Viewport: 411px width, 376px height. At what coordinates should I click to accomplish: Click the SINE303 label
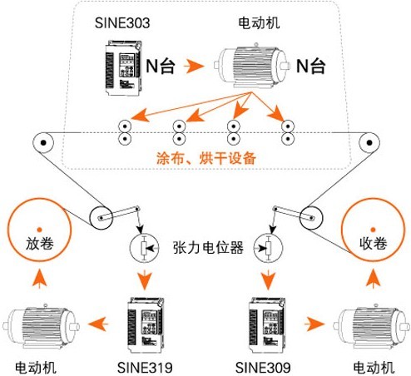(122, 22)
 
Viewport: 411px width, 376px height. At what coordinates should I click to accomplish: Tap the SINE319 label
(145, 368)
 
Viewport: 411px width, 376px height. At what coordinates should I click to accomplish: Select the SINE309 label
(263, 368)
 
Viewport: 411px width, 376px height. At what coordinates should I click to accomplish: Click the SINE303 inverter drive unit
(124, 68)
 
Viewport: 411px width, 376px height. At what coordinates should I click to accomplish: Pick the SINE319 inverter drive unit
(146, 325)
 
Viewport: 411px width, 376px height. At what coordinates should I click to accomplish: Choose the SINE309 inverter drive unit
(267, 325)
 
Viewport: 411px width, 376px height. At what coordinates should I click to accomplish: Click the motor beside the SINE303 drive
(252, 66)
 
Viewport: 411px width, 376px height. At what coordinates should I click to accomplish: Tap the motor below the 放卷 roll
(41, 326)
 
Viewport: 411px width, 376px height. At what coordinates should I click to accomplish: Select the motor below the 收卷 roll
(372, 326)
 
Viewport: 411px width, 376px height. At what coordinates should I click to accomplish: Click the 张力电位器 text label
(208, 247)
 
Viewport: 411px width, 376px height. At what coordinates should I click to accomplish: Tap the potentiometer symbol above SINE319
(145, 248)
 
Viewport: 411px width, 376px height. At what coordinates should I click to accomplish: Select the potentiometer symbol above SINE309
(268, 248)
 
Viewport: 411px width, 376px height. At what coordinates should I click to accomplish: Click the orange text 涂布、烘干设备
(206, 158)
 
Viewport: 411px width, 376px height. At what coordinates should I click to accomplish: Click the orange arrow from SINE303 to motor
(194, 67)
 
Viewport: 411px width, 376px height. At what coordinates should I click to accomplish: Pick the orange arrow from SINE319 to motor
(98, 324)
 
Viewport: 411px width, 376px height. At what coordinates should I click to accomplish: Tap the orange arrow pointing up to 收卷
(373, 279)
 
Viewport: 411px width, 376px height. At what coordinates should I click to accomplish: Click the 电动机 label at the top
(259, 22)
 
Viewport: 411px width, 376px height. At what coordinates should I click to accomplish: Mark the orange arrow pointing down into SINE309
(268, 280)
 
